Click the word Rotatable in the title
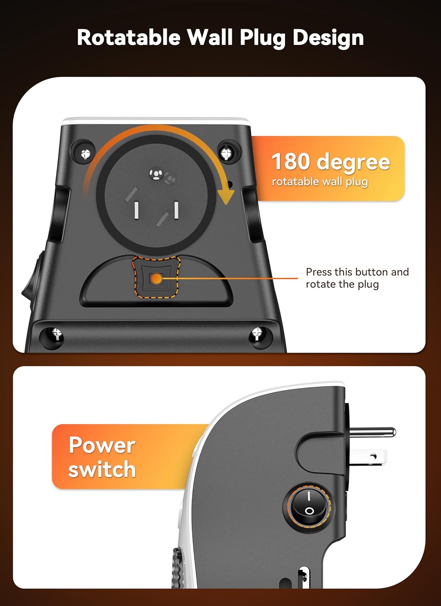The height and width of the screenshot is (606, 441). click(129, 37)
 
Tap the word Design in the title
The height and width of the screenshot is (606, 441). click(328, 37)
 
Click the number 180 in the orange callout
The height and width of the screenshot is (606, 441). click(291, 162)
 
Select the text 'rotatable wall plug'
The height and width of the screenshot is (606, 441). click(320, 182)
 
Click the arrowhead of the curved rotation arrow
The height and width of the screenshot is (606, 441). click(226, 197)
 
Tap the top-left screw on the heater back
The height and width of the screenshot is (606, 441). click(85, 153)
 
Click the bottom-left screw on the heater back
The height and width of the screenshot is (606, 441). click(55, 334)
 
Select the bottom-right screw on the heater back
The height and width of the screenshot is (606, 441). click(257, 334)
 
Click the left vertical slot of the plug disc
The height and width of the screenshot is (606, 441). click(137, 210)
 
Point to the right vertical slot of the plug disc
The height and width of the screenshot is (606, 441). click(176, 210)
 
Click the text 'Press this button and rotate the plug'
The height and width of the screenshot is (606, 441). click(357, 278)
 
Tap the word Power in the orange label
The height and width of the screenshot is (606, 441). click(102, 445)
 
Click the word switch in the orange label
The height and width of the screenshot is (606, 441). click(102, 469)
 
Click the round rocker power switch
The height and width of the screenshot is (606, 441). click(309, 504)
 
